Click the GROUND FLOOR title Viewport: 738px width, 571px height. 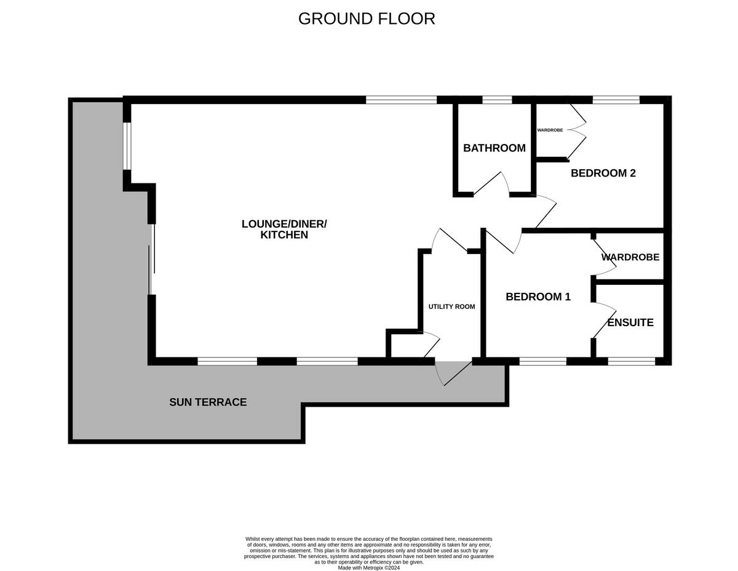[x=367, y=18]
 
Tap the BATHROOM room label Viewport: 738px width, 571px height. [x=494, y=148]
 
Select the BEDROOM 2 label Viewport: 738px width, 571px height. [x=603, y=174]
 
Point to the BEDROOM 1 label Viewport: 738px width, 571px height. [x=538, y=297]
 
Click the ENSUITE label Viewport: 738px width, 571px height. [x=630, y=322]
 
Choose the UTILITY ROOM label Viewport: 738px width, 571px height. [x=451, y=306]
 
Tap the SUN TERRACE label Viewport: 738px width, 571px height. [x=208, y=402]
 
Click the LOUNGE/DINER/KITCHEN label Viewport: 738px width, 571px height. [x=284, y=229]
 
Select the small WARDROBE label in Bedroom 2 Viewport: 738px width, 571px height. [x=550, y=130]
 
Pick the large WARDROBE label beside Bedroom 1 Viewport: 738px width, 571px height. [x=630, y=257]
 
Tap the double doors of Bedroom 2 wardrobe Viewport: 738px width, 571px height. [x=577, y=130]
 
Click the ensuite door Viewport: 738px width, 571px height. [x=605, y=320]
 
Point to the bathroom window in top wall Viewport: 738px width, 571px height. [x=497, y=100]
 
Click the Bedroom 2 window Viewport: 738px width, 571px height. [x=616, y=100]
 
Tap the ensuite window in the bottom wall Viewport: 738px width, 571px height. [x=631, y=362]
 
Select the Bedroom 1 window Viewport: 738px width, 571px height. [x=542, y=362]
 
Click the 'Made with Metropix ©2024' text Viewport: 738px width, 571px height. [x=369, y=568]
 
